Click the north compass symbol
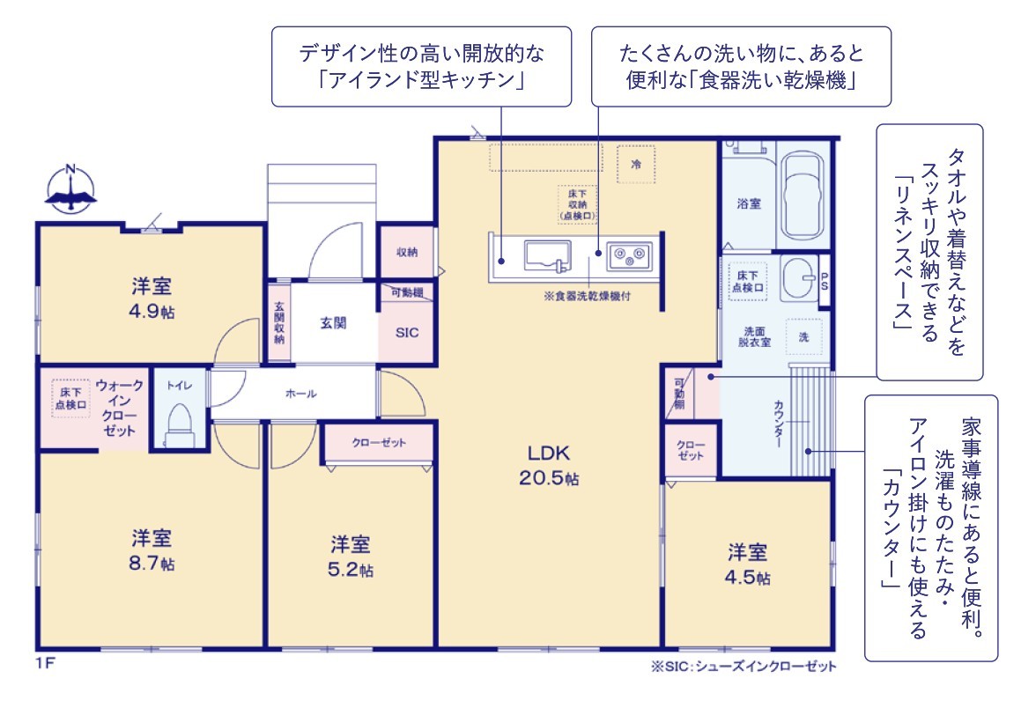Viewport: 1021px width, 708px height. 70,188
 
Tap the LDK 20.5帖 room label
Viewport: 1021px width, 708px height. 548,465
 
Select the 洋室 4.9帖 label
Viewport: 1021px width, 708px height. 152,298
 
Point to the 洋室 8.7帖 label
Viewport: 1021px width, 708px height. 152,550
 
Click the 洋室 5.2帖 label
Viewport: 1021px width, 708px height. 351,557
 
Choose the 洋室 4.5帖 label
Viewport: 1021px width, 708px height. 747,564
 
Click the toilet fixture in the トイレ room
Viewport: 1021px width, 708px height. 179,425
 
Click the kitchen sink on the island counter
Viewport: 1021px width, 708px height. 547,255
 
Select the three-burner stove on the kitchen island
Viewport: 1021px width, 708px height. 629,255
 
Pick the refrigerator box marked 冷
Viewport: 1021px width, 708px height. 635,164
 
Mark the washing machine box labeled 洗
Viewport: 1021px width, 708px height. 803,336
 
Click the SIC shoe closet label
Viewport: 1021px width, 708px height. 407,333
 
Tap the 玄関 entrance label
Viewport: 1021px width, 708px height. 333,323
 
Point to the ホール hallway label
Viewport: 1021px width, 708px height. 300,394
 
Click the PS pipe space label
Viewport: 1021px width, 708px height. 825,281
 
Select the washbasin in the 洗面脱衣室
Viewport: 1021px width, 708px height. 798,278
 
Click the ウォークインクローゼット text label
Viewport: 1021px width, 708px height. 119,408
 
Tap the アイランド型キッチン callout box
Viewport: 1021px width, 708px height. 421,66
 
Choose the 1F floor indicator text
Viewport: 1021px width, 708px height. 46,663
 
